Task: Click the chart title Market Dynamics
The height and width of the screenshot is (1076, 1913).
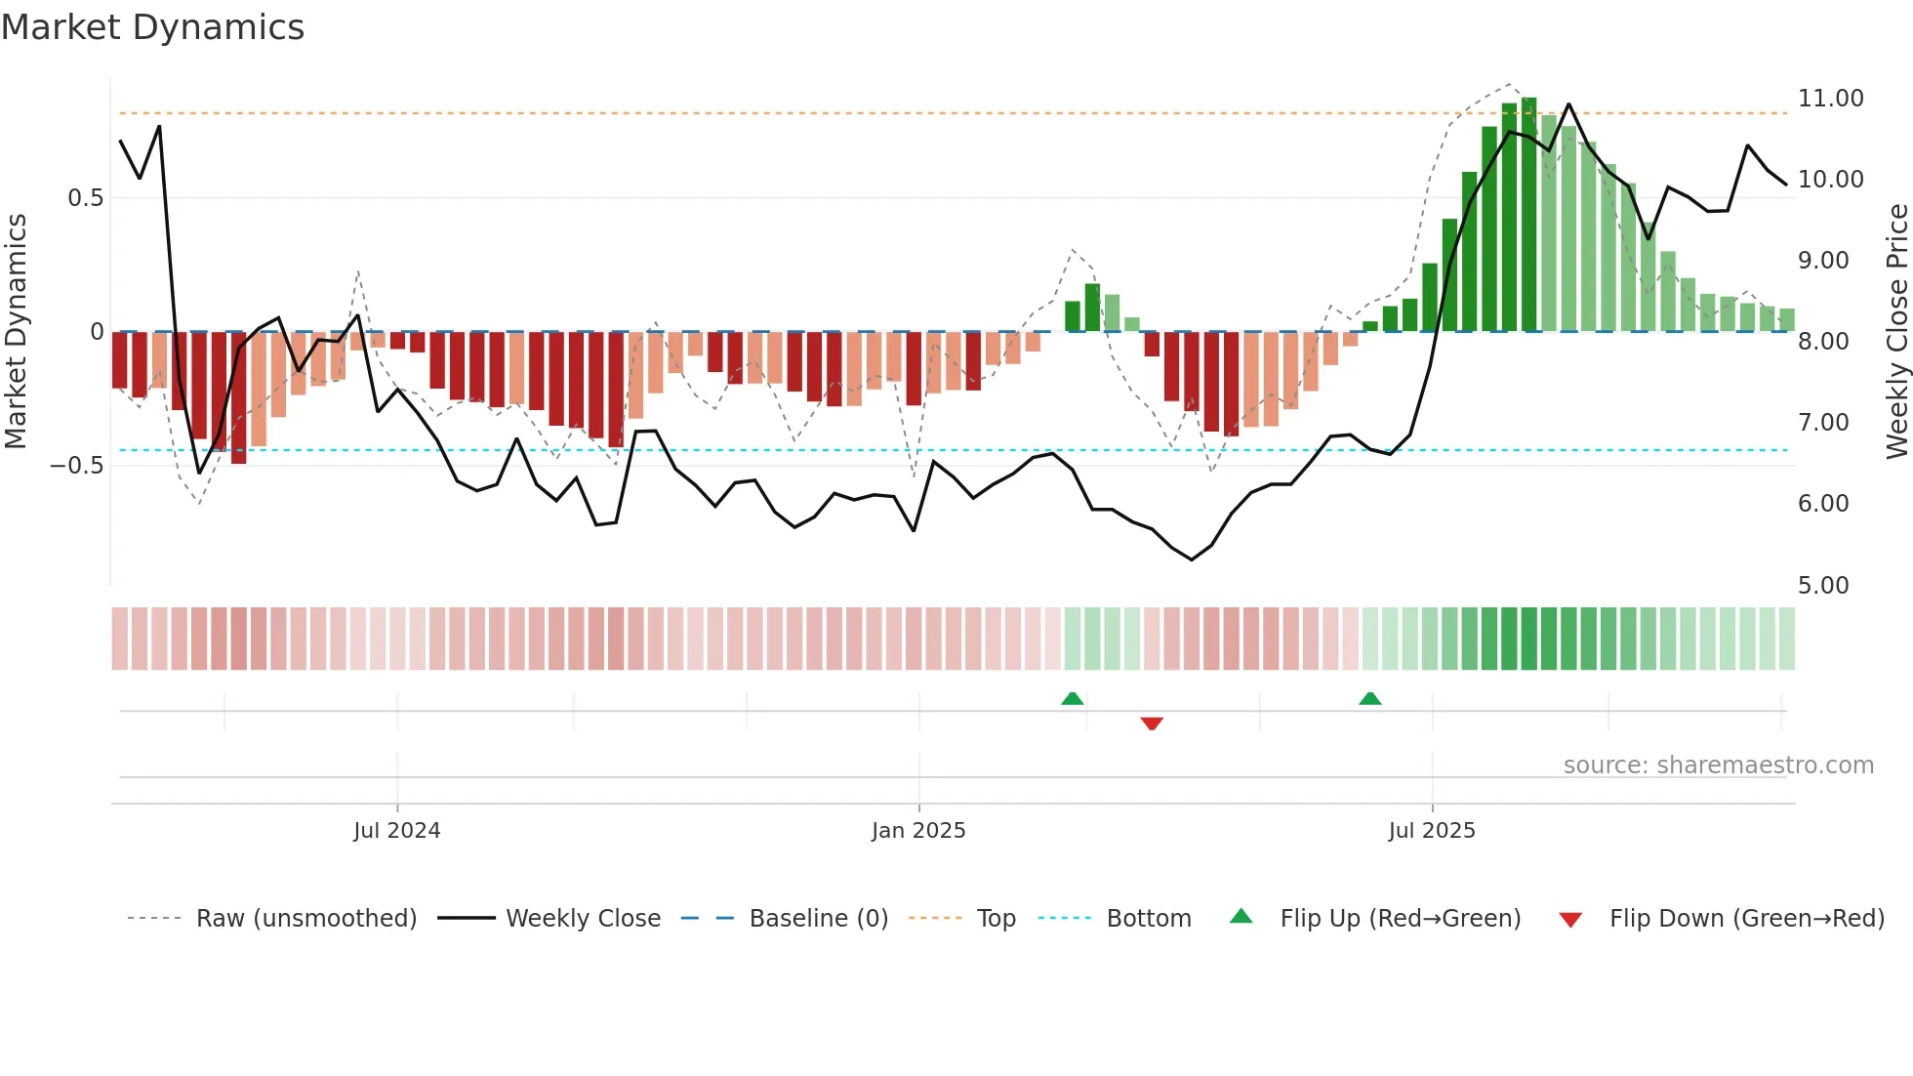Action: click(x=152, y=27)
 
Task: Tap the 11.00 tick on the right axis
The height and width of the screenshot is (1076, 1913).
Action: click(x=1830, y=99)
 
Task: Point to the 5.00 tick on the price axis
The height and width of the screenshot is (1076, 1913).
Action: click(x=1822, y=585)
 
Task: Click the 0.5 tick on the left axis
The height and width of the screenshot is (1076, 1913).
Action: click(x=85, y=198)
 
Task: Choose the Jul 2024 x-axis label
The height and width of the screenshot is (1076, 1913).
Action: click(x=396, y=831)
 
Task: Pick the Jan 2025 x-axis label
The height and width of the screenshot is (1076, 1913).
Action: click(x=918, y=831)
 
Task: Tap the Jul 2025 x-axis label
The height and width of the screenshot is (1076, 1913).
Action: click(x=1432, y=831)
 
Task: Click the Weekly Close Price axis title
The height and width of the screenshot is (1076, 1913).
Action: click(x=1896, y=331)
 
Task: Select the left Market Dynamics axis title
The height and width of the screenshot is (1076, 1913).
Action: click(x=16, y=331)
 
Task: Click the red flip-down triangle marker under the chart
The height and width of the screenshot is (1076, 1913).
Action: click(x=1152, y=724)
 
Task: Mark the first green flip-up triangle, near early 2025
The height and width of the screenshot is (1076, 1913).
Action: click(x=1072, y=698)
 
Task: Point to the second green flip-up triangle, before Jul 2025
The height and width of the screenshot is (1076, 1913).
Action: click(x=1369, y=698)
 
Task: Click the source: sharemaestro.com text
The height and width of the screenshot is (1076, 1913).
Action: click(x=1718, y=766)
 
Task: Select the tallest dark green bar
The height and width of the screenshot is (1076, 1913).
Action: click(x=1528, y=215)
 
